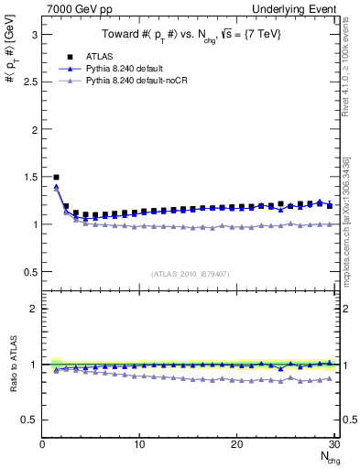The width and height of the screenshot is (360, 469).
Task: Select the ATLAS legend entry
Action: [x=99, y=56]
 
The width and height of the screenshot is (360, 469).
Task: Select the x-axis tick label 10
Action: [x=139, y=444]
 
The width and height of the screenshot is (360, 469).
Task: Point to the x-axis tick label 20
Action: [x=236, y=444]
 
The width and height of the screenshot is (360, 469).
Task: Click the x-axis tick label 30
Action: [x=333, y=444]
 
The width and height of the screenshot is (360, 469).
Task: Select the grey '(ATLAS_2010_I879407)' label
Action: [x=190, y=273]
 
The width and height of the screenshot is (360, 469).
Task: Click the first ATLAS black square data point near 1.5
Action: [x=57, y=177]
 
